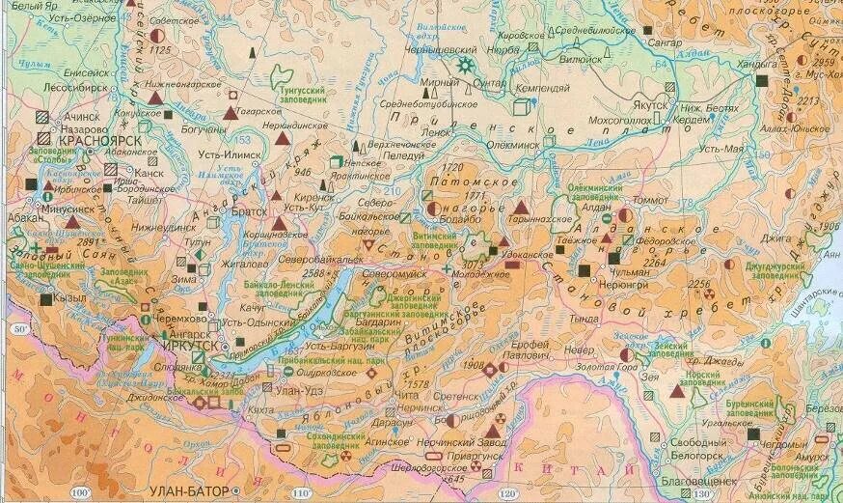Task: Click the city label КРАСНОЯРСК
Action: pos(100,141)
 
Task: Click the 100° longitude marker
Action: pos(94,494)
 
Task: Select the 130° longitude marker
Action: pos(703,494)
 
